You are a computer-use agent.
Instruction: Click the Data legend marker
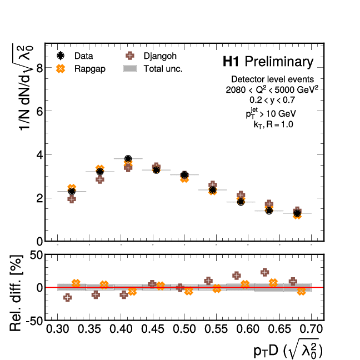[x=61, y=56]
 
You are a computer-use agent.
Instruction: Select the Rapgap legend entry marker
[x=61, y=68]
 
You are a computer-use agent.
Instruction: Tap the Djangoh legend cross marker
[x=131, y=56]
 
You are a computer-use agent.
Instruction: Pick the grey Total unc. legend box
[x=131, y=68]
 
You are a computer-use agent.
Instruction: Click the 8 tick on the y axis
[x=39, y=68]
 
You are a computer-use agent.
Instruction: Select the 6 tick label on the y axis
[x=39, y=111]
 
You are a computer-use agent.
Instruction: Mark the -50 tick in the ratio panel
[x=33, y=321]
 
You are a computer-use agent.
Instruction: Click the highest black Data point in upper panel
[x=128, y=159]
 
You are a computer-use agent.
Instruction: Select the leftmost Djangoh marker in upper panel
[x=72, y=198]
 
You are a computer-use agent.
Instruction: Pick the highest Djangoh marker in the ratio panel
[x=264, y=272]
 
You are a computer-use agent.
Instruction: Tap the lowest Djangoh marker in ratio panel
[x=68, y=298]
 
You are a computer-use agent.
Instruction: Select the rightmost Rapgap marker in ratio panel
[x=302, y=291]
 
